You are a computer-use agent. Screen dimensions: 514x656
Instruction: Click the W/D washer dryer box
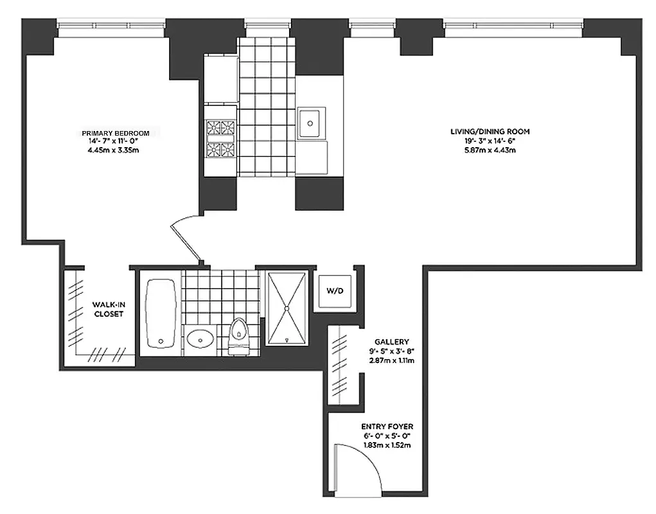click(x=335, y=291)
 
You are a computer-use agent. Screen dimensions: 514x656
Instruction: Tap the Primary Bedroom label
click(x=120, y=133)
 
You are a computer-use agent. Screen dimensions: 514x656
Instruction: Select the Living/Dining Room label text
click(x=490, y=132)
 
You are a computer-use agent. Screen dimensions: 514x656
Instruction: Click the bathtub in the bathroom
click(x=160, y=311)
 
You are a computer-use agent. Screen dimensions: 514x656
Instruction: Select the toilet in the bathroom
click(x=238, y=335)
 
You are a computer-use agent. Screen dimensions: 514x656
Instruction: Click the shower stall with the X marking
click(x=287, y=308)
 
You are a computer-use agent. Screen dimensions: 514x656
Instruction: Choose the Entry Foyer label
click(x=387, y=427)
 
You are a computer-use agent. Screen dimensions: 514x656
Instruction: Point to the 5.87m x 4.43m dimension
click(x=490, y=150)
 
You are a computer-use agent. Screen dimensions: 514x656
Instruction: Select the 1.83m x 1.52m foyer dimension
click(x=387, y=445)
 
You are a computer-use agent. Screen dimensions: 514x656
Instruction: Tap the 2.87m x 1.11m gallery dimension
click(x=392, y=360)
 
